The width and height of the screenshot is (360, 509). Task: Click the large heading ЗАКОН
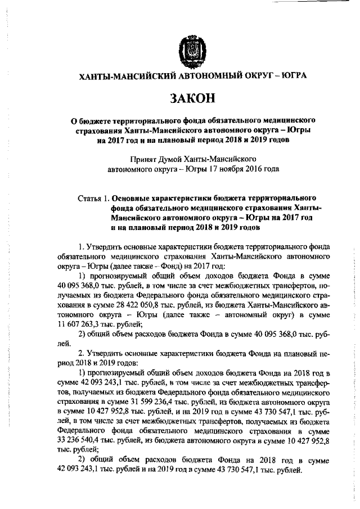(x=185, y=98)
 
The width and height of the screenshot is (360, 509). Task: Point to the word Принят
(x=143, y=159)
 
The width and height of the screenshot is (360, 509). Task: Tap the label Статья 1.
(x=93, y=198)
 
